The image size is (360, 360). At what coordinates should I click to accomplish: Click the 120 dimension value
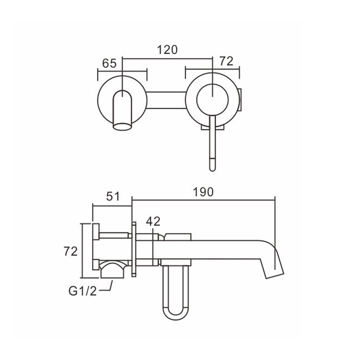coord(167,50)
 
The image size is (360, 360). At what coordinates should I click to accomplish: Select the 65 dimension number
coord(109,63)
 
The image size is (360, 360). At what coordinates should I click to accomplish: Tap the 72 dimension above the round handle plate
coord(226,61)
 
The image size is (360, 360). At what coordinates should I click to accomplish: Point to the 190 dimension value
coord(203,192)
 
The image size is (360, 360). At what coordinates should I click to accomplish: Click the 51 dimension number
coord(113,197)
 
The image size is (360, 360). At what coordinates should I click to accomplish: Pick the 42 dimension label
coord(153,221)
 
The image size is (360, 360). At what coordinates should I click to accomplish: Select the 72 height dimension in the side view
coord(71,252)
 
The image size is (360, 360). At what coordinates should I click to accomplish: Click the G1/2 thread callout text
coord(83,291)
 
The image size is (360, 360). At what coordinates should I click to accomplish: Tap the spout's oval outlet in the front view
coord(122,127)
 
